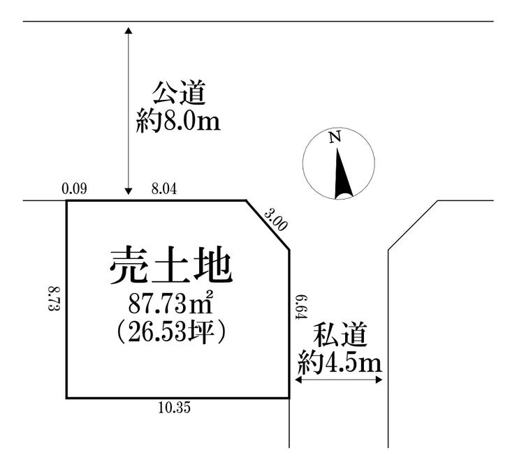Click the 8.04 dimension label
[164, 189]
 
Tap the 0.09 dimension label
[75, 189]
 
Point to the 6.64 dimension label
[301, 307]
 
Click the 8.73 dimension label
[53, 299]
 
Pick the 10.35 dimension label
[175, 408]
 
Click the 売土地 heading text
[171, 265]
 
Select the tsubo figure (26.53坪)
[171, 332]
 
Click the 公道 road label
[179, 94]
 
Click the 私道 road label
[340, 334]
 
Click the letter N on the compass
[335, 137]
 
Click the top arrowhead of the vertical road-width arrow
[129, 31]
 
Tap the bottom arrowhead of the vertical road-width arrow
[129, 191]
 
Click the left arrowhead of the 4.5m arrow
[298, 380]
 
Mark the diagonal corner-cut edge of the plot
[268, 225]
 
